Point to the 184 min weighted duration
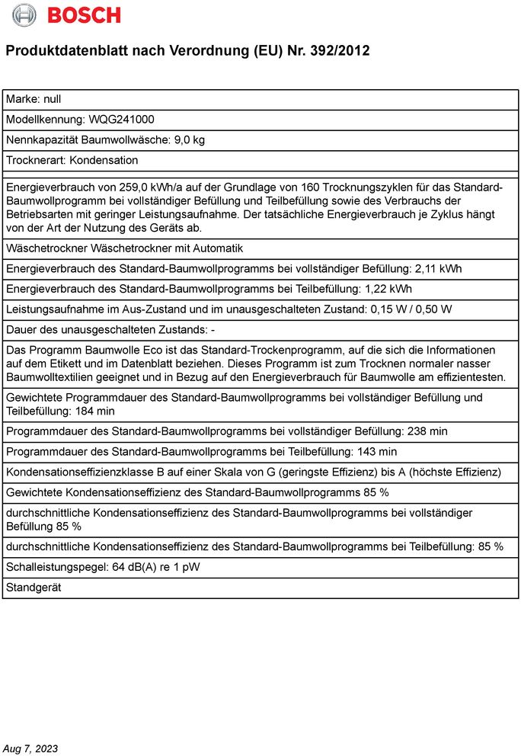[96, 411]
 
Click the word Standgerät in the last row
[34, 588]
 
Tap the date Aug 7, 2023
[30, 748]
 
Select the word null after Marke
[53, 99]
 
